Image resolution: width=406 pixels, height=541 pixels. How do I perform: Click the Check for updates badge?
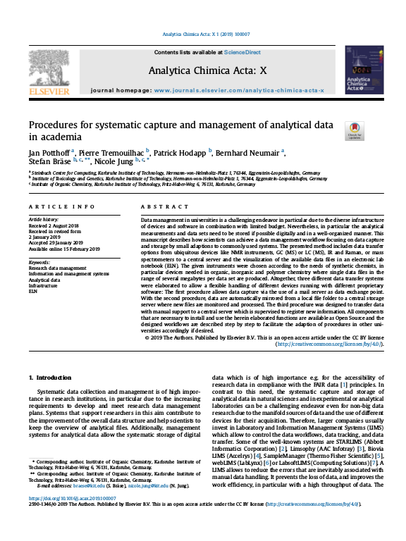coord(353,131)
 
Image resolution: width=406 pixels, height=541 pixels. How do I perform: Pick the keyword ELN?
coord(33,291)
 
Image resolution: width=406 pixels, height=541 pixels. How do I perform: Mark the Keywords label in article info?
coord(39,262)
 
